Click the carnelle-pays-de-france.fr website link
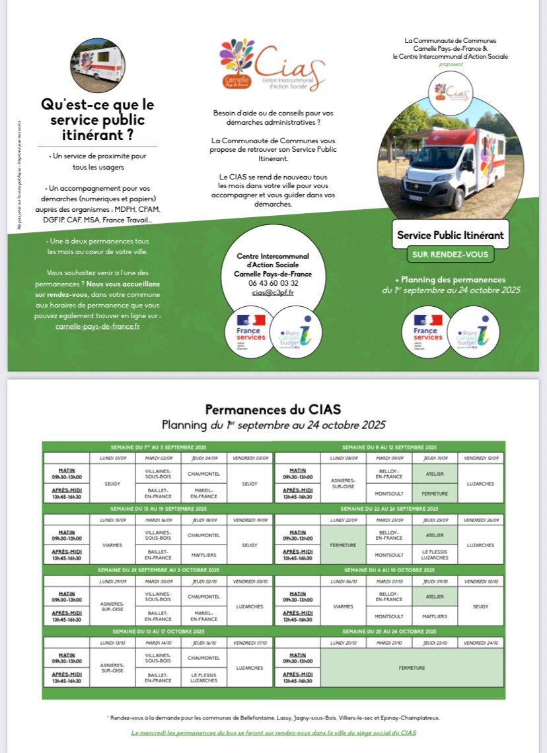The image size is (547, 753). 97,326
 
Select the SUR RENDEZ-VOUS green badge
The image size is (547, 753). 450,254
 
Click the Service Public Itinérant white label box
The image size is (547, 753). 450,236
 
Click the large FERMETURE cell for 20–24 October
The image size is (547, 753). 412,668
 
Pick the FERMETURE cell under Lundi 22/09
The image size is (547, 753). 343,545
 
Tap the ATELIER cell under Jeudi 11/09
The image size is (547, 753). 435,473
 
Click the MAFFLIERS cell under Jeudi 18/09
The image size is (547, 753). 204,555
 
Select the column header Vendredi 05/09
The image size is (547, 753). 250,457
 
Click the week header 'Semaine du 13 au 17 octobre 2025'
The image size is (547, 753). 159,632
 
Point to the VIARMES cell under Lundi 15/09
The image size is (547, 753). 112,546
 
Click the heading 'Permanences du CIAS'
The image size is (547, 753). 273,409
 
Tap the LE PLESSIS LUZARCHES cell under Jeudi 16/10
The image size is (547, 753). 204,678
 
